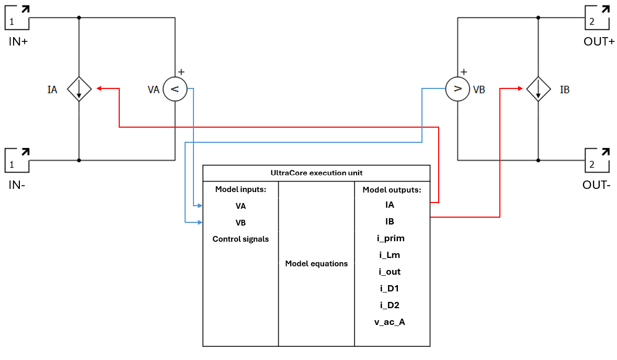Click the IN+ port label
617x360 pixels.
click(18, 41)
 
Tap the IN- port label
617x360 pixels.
click(17, 185)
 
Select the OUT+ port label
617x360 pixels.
click(599, 41)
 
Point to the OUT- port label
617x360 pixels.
click(597, 185)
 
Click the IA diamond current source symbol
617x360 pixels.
click(79, 89)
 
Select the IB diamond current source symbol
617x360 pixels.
click(538, 89)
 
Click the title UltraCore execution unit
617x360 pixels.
click(316, 173)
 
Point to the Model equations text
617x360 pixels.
click(316, 264)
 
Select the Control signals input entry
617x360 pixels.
click(241, 239)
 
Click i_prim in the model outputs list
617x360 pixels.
click(391, 238)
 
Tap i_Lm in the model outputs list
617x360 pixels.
click(390, 255)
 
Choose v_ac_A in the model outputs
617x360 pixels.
click(390, 322)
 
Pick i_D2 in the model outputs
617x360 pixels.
click(390, 305)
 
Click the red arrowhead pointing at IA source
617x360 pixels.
click(99, 88)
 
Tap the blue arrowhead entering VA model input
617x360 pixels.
click(200, 206)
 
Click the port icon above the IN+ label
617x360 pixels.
click(17, 17)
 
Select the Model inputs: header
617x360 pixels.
click(241, 189)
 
